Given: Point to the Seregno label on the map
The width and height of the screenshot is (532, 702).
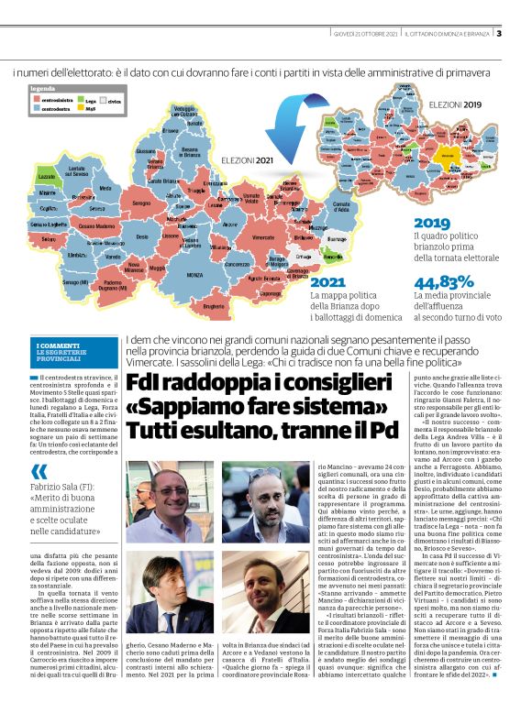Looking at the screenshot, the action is pyautogui.click(x=141, y=203).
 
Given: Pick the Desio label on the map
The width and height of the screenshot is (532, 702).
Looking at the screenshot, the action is pyautogui.click(x=143, y=236).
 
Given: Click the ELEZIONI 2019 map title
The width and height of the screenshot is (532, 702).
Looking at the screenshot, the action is pyautogui.click(x=455, y=105).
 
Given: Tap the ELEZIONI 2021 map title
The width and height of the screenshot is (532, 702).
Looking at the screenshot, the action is pyautogui.click(x=247, y=159).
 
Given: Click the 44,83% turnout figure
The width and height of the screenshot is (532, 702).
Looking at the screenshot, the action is pyautogui.click(x=443, y=281).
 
